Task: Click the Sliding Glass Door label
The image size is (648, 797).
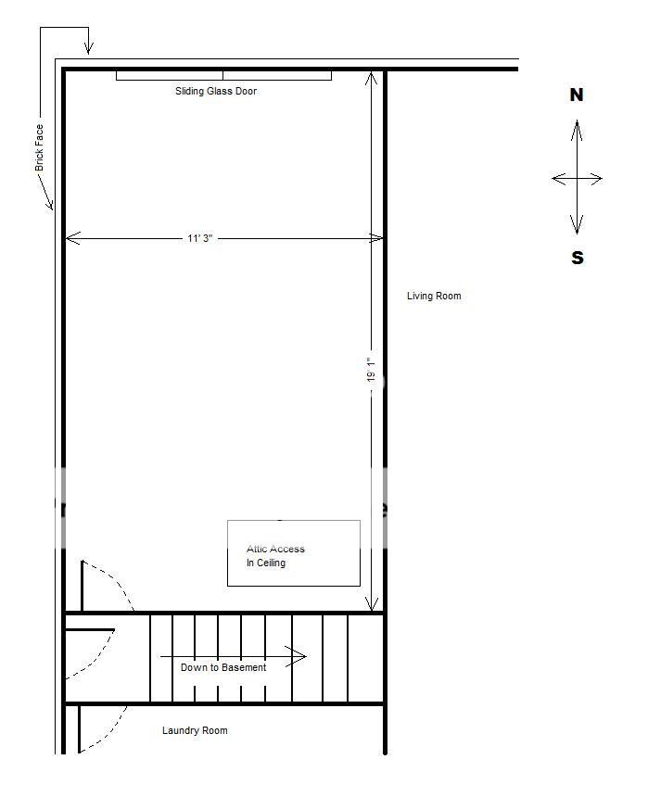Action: (216, 92)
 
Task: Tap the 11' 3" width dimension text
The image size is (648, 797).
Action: (200, 238)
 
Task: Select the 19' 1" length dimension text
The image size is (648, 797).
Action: (371, 370)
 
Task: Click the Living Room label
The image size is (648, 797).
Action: (434, 296)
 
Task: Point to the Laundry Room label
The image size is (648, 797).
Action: (195, 730)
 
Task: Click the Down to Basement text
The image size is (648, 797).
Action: (223, 667)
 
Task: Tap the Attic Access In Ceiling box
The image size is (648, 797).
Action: (294, 553)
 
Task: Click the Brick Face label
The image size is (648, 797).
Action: (39, 147)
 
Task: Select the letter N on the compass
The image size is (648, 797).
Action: (577, 95)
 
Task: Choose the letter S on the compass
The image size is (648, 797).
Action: (578, 258)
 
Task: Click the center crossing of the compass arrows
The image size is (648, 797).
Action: (577, 179)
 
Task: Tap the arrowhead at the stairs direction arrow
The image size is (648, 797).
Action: (301, 657)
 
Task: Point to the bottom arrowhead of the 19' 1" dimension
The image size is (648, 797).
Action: (372, 605)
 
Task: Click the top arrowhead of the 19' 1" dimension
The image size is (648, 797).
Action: (372, 77)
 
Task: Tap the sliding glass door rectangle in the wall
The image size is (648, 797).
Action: (223, 75)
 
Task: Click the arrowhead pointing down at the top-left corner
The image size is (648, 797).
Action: (88, 49)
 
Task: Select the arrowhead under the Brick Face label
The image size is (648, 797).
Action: (49, 204)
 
